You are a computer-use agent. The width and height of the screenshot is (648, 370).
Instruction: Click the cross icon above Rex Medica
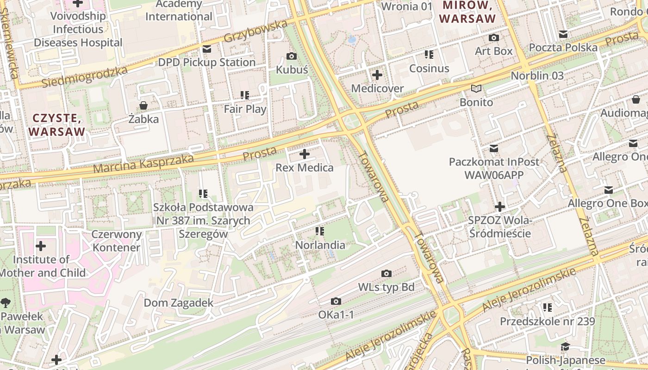tap(305, 154)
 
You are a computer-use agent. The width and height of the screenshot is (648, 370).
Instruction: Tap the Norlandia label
tap(320, 245)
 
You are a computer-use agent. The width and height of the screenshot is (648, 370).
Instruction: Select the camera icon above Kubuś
tap(292, 56)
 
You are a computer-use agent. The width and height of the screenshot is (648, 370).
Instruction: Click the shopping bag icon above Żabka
tap(143, 105)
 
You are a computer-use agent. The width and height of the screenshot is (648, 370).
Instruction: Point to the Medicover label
tap(377, 88)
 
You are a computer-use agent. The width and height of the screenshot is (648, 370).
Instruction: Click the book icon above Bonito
tap(476, 88)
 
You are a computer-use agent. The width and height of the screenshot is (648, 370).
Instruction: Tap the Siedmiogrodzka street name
tap(84, 77)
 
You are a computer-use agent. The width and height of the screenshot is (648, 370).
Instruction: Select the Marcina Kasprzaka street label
tap(143, 164)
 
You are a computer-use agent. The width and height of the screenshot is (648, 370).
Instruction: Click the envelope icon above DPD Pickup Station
tap(206, 49)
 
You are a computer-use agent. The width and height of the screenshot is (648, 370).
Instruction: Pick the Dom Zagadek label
tap(179, 303)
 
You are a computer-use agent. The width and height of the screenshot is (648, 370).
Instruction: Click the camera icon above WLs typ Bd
tap(386, 274)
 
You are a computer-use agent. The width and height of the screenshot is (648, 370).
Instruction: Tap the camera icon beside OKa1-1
tap(336, 302)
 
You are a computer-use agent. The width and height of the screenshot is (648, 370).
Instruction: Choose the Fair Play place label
tap(245, 109)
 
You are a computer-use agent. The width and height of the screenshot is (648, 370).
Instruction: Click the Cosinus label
tap(429, 68)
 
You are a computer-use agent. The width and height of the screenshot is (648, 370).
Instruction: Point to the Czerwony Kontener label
tap(116, 240)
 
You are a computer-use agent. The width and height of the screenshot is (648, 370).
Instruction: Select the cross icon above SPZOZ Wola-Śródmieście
tap(500, 207)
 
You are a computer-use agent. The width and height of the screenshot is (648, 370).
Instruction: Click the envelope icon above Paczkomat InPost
tap(494, 148)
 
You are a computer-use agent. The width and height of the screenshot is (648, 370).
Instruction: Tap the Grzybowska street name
tap(255, 31)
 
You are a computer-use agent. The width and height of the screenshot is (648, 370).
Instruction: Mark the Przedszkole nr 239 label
tap(548, 321)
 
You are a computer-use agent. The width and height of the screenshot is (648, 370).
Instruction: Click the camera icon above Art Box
tap(494, 37)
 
